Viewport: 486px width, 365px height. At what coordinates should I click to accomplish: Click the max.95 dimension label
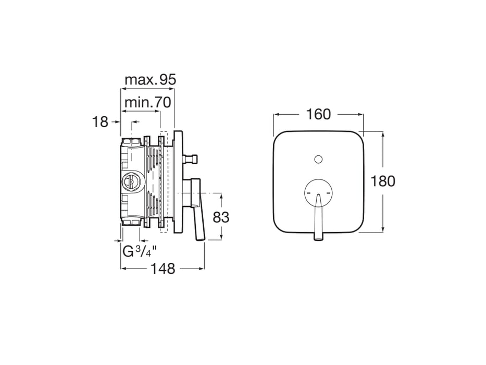[x=151, y=80]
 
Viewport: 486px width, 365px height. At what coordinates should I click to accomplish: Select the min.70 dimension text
[x=147, y=103]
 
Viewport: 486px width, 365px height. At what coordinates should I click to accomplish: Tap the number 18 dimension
[x=99, y=122]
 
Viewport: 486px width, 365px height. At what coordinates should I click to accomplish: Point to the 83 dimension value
[x=221, y=217]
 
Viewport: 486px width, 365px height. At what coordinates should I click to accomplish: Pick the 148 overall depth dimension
[x=163, y=269]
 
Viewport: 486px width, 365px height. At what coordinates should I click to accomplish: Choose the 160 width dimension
[x=319, y=114]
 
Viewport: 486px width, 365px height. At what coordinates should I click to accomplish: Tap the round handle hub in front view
[x=319, y=192]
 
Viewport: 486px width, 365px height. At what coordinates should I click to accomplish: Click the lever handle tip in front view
[x=318, y=238]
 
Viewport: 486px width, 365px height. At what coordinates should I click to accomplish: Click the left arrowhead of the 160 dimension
[x=277, y=114]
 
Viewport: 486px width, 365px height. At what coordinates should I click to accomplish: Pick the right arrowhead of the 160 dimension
[x=361, y=114]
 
